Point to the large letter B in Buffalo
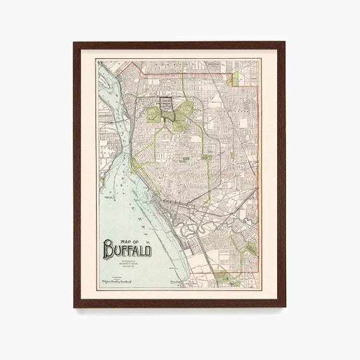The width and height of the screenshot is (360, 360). click(x=109, y=249)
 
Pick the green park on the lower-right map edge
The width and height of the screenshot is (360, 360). click(x=249, y=248)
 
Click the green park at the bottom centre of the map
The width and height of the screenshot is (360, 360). click(x=222, y=274)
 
